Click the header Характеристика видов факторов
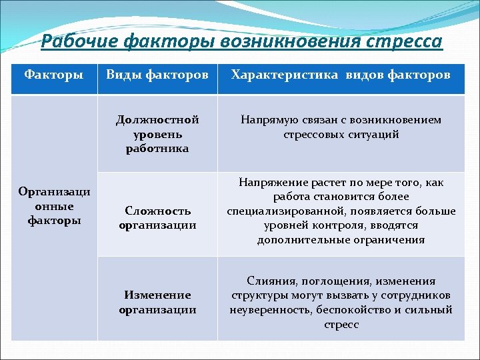(x=341, y=74)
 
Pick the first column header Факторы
(x=54, y=74)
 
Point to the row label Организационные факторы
(x=54, y=206)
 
